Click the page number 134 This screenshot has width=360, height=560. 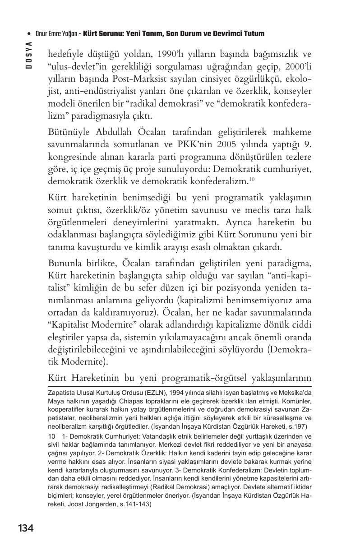click(x=26, y=528)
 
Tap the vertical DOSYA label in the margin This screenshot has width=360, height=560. click(x=28, y=55)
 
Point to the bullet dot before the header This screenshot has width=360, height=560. click(x=29, y=34)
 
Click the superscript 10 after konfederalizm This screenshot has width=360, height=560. click(x=252, y=179)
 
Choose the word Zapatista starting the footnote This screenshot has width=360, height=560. click(x=61, y=393)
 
